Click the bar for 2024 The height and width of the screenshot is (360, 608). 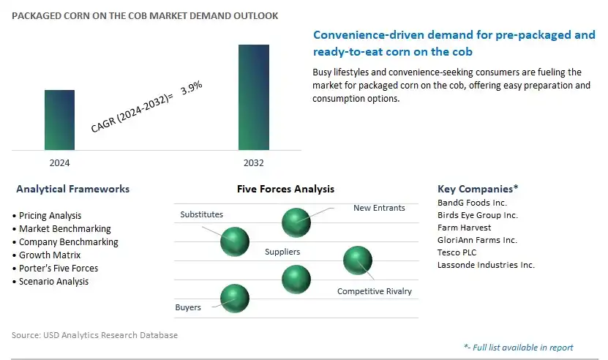tap(59, 120)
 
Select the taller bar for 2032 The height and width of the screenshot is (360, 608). tap(254, 97)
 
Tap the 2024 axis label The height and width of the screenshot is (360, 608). tap(59, 163)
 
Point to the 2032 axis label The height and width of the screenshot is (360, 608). tap(254, 163)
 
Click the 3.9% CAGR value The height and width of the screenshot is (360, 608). tap(192, 87)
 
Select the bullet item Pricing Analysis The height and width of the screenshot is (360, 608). tap(47, 216)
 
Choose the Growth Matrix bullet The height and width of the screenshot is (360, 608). tap(47, 255)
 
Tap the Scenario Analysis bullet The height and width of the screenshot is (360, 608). tap(50, 282)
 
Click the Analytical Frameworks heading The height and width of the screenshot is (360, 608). tap(73, 189)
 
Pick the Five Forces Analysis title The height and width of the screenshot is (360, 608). tap(286, 189)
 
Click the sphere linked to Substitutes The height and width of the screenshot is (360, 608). tap(235, 241)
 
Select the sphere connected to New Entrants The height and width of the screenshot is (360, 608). tap(296, 222)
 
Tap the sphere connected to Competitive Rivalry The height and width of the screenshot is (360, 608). tap(358, 260)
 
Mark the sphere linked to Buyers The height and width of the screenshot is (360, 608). tap(235, 299)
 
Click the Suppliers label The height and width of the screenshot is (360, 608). tap(282, 252)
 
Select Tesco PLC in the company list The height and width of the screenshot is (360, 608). tap(457, 252)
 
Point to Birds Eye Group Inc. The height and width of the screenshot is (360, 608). tap(478, 215)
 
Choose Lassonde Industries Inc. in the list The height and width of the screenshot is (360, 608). tap(486, 265)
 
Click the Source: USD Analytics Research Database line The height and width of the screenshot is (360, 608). tap(94, 335)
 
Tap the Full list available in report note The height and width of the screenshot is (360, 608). tap(519, 348)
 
